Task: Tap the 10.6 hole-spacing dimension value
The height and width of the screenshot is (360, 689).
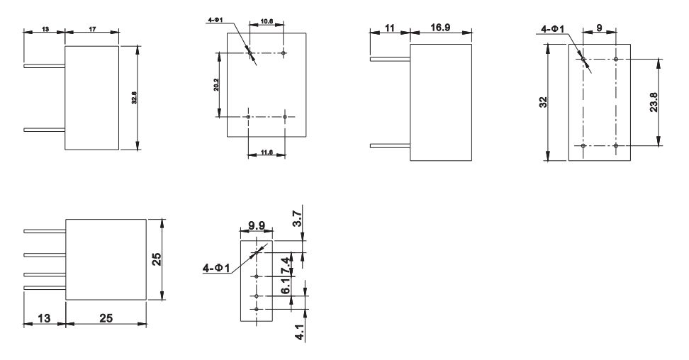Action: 267,22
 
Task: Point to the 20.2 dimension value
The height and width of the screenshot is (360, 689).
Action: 215,85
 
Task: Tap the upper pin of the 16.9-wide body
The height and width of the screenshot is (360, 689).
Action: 391,60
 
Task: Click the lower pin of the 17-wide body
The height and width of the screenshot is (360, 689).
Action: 44,130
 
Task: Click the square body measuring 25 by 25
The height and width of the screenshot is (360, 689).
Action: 106,259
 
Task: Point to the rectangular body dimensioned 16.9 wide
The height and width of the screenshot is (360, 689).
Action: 442,102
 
